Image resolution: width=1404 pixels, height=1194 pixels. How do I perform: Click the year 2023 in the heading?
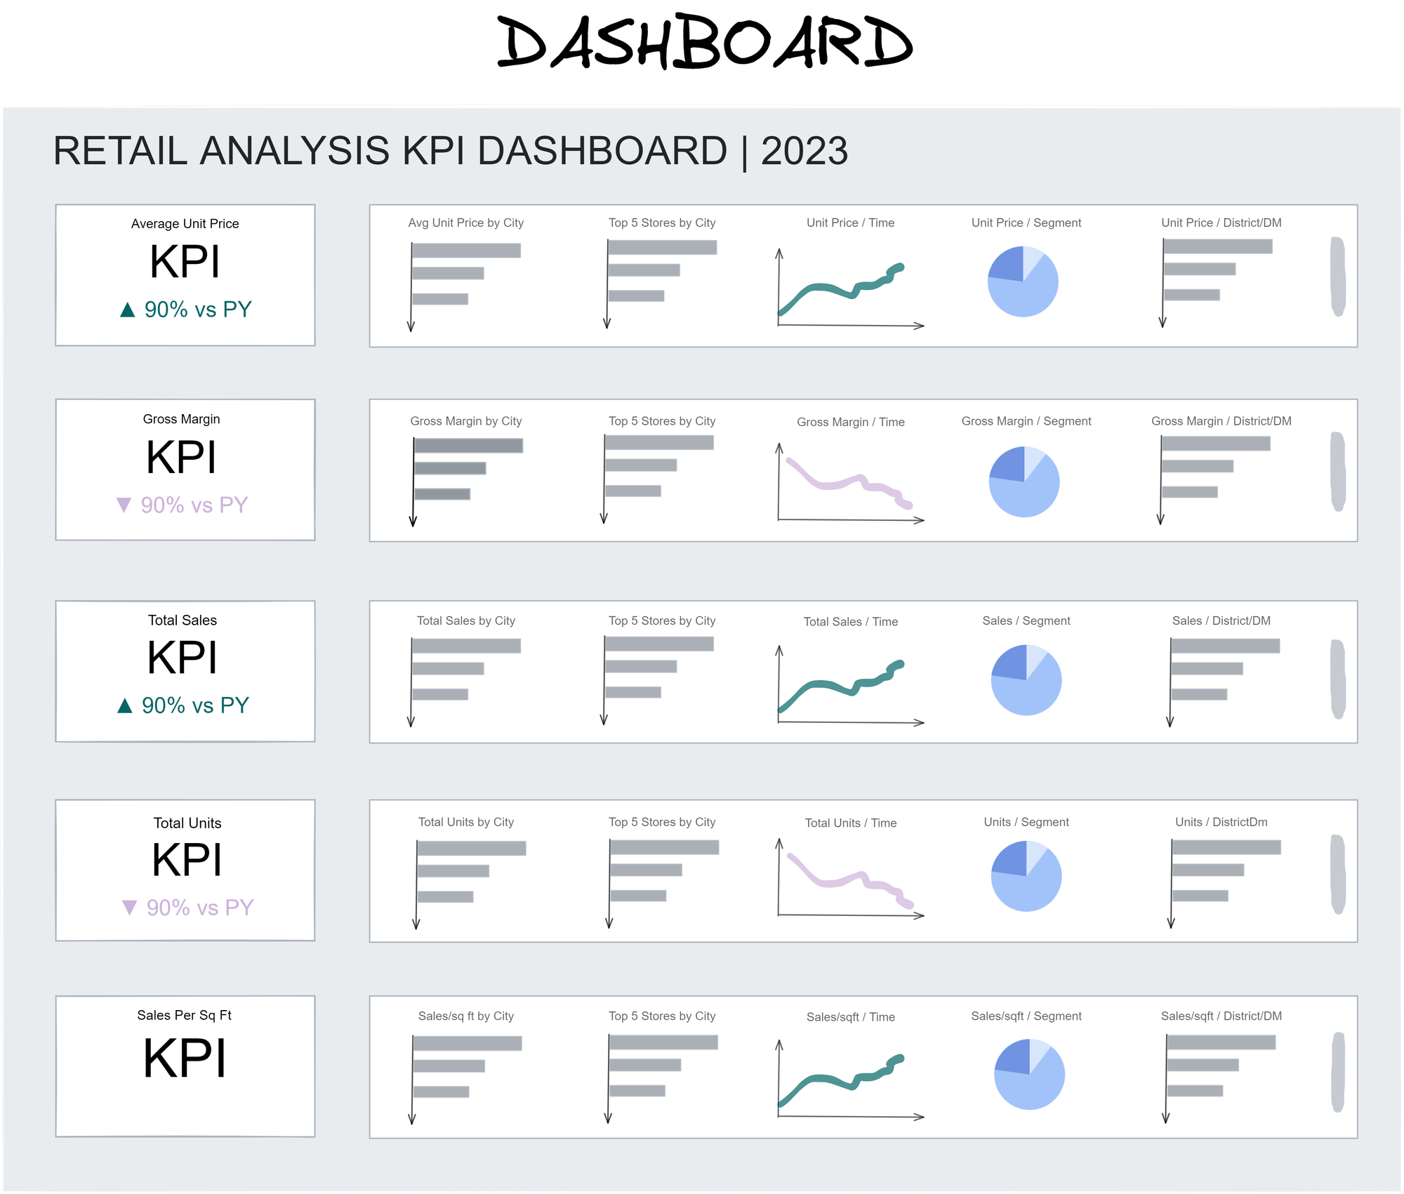804,151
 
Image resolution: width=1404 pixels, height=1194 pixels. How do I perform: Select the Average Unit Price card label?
185,224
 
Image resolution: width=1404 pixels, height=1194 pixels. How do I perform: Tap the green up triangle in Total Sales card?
125,705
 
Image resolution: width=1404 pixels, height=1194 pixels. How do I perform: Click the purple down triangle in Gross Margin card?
124,505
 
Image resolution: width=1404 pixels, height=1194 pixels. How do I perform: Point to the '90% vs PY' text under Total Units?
200,908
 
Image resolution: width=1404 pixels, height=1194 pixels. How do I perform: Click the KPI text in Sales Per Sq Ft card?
185,1059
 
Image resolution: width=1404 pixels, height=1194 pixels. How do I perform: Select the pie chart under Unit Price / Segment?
1023,281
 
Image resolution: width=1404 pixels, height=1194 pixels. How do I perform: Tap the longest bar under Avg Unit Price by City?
466,251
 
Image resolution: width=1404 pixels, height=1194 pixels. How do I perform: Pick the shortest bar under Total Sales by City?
440,694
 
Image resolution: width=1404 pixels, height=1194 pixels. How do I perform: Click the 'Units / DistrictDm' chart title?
1221,822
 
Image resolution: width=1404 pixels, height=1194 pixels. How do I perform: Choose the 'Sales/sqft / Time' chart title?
850,1017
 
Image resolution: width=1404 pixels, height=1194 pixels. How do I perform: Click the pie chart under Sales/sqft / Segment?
1029,1075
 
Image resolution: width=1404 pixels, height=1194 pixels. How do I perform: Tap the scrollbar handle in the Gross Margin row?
1338,471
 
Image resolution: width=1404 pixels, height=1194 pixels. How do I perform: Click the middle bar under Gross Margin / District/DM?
1198,466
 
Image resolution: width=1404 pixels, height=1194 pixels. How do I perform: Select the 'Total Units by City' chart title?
465,822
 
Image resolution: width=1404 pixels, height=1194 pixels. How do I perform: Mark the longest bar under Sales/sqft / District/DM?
1221,1042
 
